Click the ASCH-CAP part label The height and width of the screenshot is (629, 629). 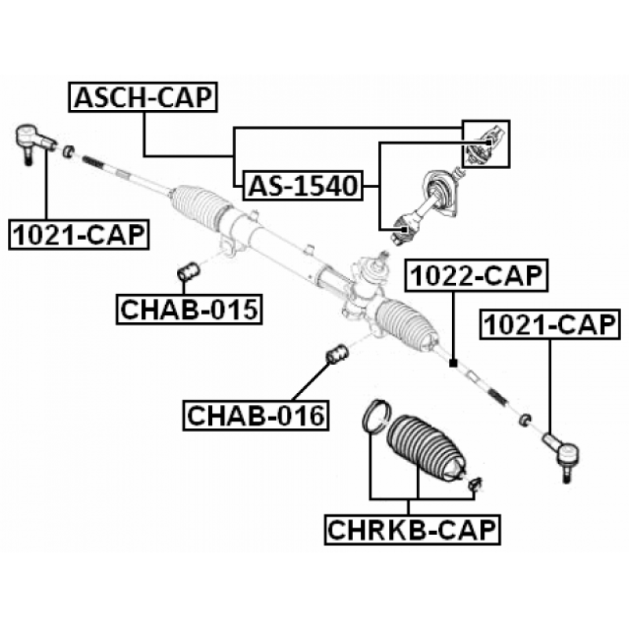pos(143,97)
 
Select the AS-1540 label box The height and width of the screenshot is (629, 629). pos(303,186)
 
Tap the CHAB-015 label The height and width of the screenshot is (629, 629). pos(189,309)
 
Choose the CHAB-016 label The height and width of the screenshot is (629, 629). pos(256,416)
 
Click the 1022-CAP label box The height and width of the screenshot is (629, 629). pos(476,276)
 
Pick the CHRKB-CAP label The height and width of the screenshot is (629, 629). pos(412,529)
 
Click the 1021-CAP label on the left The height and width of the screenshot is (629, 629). pos(79,234)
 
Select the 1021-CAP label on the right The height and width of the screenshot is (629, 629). pos(550,325)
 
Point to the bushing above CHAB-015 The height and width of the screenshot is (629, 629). pos(189,271)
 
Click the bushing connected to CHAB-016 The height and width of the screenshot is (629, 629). pos(337,355)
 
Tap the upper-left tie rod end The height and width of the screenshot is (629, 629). pos(34,142)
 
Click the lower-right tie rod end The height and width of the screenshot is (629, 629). pos(561,455)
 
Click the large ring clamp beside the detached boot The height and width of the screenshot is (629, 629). pos(376,417)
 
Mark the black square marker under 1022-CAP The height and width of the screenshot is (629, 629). pos(454,363)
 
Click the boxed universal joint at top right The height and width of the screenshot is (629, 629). pos(486,144)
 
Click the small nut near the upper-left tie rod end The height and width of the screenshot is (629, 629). pos(68,151)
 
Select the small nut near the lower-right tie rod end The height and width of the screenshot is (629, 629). pos(525,420)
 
